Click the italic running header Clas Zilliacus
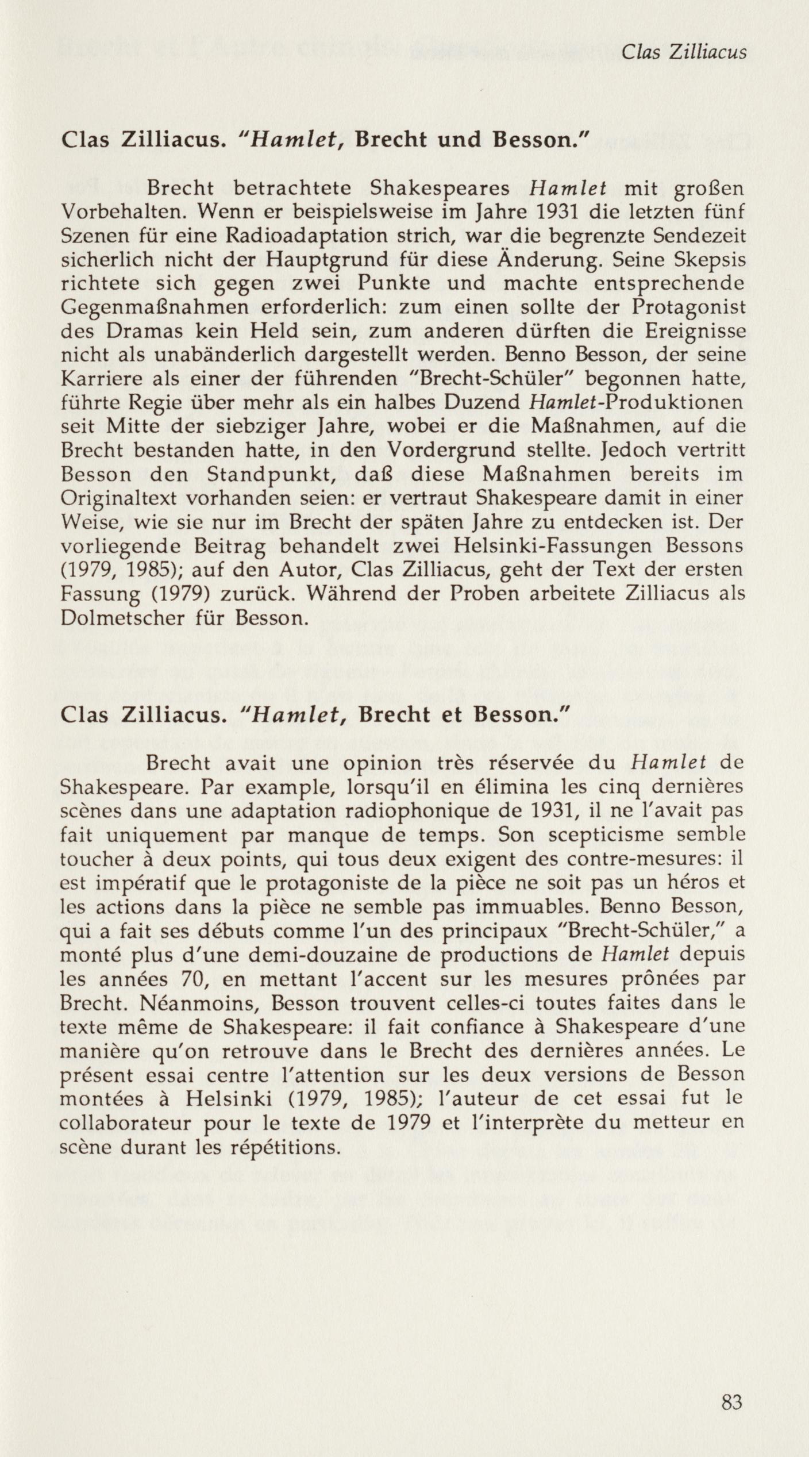[x=684, y=52]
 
